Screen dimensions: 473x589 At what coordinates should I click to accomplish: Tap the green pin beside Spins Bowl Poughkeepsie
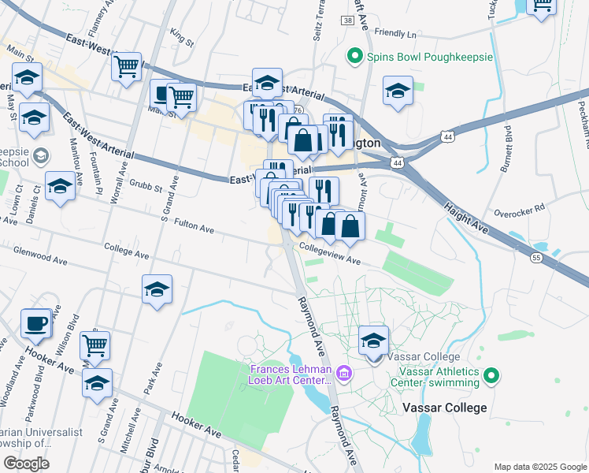pos(354,57)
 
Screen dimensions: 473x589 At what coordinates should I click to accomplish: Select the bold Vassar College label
pos(444,408)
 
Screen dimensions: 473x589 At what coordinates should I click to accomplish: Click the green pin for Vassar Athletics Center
pos(492,376)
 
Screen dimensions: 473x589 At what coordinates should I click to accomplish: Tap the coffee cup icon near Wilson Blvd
pos(36,323)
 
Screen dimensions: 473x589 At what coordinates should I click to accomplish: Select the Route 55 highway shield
pos(536,258)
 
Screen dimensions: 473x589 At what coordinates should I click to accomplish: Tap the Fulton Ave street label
pos(194,229)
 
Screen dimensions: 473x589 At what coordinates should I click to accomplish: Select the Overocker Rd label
pos(519,210)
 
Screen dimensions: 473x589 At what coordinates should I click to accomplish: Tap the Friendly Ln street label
pos(395,34)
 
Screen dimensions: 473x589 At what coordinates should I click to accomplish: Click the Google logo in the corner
pos(26,463)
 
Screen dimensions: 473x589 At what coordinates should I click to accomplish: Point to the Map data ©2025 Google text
pos(540,466)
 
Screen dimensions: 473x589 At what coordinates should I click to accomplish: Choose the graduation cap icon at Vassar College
pos(374,341)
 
